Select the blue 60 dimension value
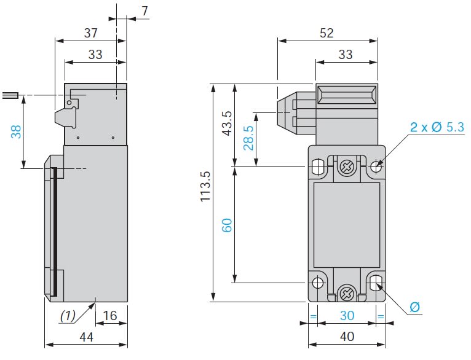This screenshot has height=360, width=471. pyautogui.click(x=226, y=225)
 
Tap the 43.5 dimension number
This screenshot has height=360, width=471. pyautogui.click(x=227, y=124)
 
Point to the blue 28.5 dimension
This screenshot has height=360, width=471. pyautogui.click(x=248, y=139)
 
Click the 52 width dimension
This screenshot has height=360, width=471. pyautogui.click(x=327, y=33)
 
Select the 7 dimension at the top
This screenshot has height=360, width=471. pyautogui.click(x=144, y=12)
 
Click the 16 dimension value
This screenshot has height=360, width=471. pyautogui.click(x=110, y=316)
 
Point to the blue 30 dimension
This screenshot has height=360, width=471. pyautogui.click(x=347, y=316)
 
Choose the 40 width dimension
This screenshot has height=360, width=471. pyautogui.click(x=347, y=337)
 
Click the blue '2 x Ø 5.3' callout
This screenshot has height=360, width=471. pyautogui.click(x=437, y=128)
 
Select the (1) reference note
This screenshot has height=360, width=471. pyautogui.click(x=68, y=316)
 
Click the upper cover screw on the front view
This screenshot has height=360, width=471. pyautogui.click(x=347, y=166)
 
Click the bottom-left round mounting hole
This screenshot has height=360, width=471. pyautogui.click(x=317, y=283)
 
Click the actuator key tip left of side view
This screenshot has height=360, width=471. pyautogui.click(x=10, y=95)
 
